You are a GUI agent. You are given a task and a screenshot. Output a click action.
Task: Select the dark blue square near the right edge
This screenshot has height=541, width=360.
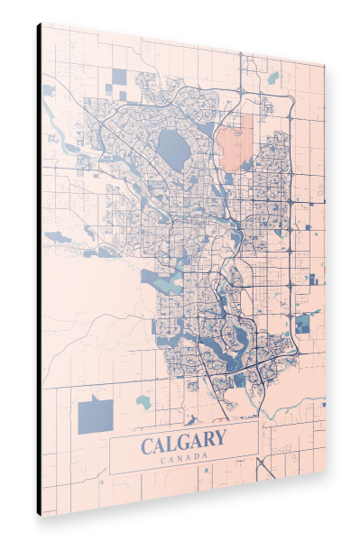302,322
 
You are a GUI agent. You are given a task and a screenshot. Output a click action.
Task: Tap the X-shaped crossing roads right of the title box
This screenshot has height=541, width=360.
266,466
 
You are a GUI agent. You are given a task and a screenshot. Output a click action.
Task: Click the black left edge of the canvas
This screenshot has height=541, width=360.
39,270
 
